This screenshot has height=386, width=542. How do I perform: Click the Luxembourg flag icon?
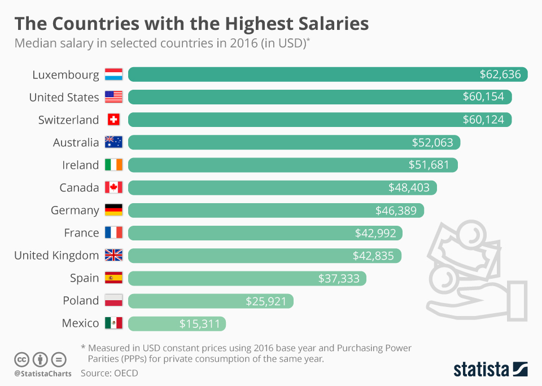[x=113, y=74]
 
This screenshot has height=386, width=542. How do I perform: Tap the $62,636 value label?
[x=500, y=74]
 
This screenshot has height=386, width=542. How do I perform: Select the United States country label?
[x=64, y=97]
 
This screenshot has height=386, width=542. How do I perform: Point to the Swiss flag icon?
[x=113, y=120]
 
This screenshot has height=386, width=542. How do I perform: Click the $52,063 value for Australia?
[x=432, y=142]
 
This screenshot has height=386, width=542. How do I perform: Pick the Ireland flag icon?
[x=113, y=165]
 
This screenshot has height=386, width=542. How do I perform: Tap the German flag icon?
[x=113, y=210]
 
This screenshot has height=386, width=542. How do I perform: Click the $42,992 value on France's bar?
[x=375, y=233]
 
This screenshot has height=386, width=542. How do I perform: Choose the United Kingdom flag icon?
[x=113, y=255]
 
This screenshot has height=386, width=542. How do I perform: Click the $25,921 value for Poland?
[x=266, y=301]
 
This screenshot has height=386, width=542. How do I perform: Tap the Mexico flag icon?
[x=113, y=323]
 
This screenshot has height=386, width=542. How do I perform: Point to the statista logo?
[x=490, y=370]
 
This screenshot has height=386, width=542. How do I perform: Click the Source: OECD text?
[x=109, y=373]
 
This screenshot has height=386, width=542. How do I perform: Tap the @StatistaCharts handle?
[x=43, y=374]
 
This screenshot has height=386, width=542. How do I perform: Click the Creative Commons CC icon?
[x=22, y=359]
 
